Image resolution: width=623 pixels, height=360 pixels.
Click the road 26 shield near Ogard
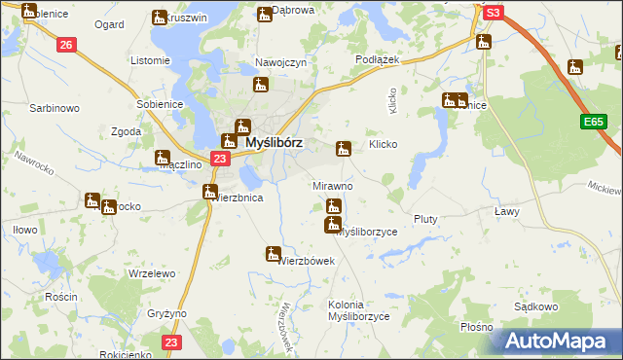(66, 45)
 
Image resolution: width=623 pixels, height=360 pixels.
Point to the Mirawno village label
(332, 185)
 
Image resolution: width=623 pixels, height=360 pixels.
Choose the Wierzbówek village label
(306, 261)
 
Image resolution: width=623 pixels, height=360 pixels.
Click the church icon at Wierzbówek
(273, 254)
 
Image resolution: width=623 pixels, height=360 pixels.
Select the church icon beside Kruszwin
(160, 17)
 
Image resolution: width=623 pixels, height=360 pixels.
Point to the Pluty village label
(425, 219)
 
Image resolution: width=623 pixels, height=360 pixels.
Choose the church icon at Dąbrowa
(264, 14)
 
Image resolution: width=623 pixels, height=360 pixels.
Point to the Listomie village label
(150, 60)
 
